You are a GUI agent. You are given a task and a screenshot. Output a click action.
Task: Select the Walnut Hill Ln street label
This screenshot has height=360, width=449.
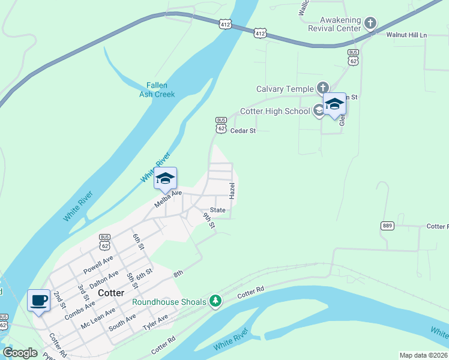click(x=406, y=35)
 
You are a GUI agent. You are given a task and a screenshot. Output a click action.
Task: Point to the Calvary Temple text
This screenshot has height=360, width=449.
click(x=285, y=89)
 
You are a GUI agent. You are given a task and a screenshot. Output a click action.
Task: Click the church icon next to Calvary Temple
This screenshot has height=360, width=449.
click(x=322, y=88)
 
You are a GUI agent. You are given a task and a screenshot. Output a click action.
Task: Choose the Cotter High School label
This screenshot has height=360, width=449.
click(x=275, y=111)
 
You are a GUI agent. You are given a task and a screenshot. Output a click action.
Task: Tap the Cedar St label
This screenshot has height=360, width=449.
click(x=243, y=130)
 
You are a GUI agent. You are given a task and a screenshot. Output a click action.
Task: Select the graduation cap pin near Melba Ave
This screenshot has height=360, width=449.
click(x=165, y=178)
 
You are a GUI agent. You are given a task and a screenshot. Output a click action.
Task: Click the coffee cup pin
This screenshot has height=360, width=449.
click(x=39, y=300)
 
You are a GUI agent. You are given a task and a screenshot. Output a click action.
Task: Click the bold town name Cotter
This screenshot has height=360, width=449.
click(x=111, y=293)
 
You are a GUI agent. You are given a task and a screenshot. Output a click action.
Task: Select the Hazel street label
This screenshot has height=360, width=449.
click(x=232, y=191)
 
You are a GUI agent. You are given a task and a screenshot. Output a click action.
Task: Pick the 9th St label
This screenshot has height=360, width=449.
click(x=209, y=220)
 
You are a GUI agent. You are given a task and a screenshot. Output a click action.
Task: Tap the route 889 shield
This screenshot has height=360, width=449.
click(x=387, y=226)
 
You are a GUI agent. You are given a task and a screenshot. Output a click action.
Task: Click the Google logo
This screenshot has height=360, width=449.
click(x=20, y=353)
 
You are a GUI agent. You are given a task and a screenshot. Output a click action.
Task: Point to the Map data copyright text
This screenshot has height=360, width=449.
click(x=423, y=355)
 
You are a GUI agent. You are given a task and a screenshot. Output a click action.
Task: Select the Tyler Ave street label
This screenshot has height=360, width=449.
click(x=155, y=323)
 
